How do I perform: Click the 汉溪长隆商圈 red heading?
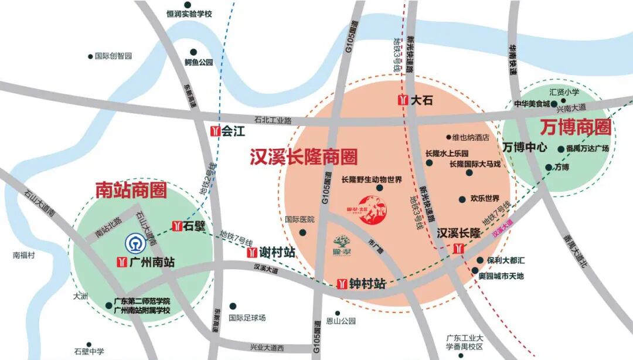[304, 157]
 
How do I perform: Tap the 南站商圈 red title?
[131, 190]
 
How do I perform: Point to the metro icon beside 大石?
[403, 100]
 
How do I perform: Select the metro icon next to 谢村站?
[252, 253]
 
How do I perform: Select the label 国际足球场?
[247, 318]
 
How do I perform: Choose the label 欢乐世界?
[485, 198]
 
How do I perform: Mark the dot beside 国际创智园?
[90, 56]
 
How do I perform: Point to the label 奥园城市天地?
[501, 276]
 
